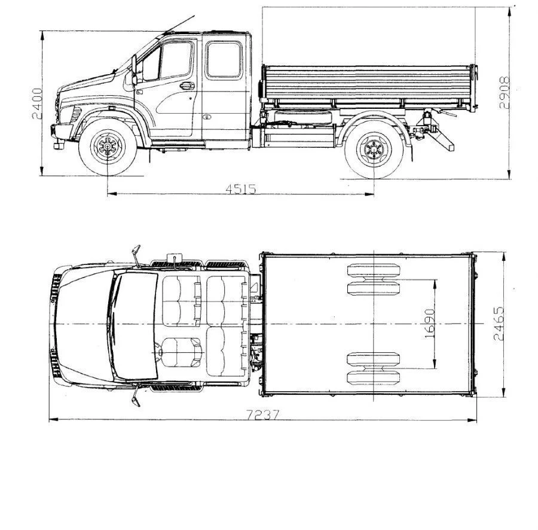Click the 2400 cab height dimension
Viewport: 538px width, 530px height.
coord(36,103)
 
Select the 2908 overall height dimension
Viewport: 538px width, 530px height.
coord(505,93)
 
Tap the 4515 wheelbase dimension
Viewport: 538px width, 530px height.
coord(241,189)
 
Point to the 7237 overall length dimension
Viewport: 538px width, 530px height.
coord(263,415)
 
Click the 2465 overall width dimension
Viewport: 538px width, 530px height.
coord(499,324)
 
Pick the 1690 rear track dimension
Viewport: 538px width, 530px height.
coord(430,324)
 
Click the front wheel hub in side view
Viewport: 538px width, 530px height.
coord(108,147)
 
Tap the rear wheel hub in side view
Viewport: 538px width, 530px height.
coord(374,150)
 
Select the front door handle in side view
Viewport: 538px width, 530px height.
coord(187,86)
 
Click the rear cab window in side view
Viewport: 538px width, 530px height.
coord(224,59)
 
